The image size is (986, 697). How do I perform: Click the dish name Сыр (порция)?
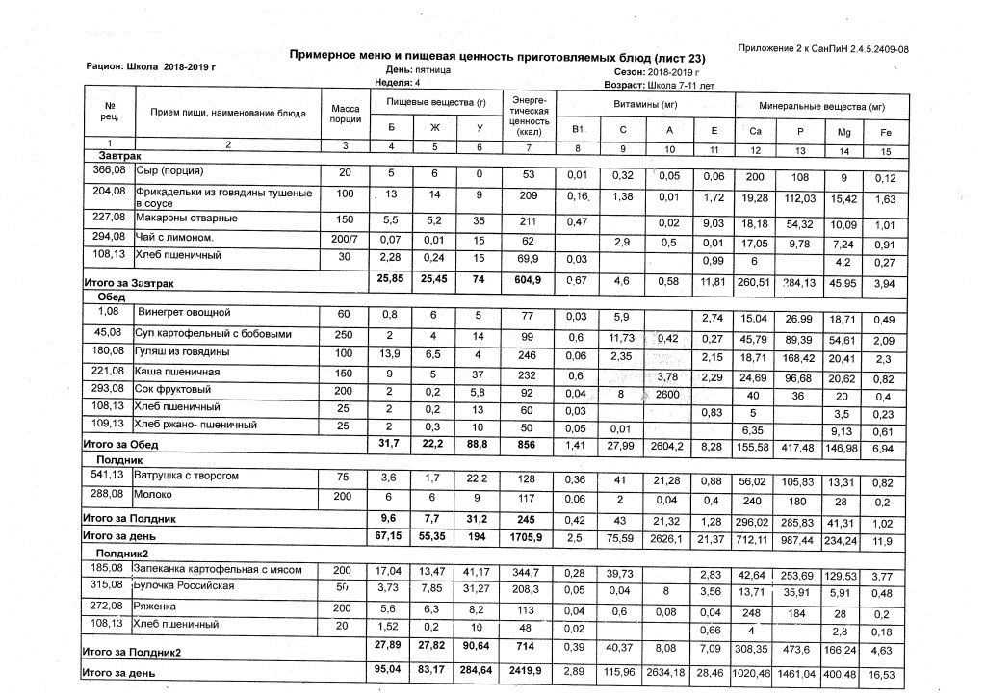coord(169,171)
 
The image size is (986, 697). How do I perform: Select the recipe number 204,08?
coord(109,192)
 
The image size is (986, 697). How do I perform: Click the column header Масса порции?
coord(345,114)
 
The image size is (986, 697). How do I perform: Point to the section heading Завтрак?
coord(119,155)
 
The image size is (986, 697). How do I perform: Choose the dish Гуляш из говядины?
coord(185,353)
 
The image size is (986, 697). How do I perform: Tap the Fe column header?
coord(872,130)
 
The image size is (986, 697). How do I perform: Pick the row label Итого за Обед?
coord(120,445)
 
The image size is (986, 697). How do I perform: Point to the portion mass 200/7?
coord(344,237)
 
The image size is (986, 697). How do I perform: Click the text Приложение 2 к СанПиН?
coord(823,48)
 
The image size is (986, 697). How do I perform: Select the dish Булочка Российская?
coord(185,585)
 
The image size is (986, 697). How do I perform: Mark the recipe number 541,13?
coord(109,475)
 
